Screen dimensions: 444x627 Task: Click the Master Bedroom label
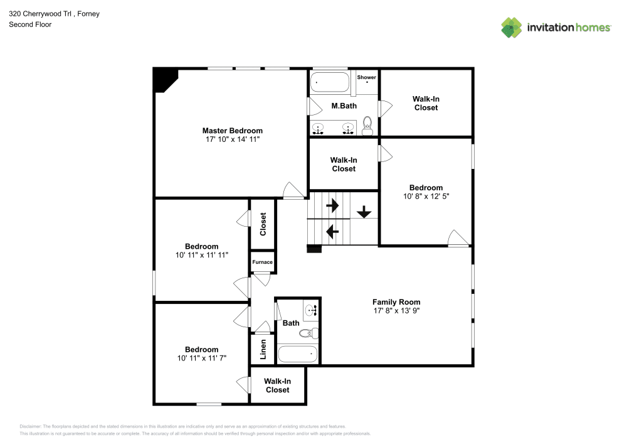(x=232, y=131)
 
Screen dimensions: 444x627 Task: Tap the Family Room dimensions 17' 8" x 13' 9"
(x=396, y=310)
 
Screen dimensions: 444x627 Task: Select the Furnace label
(x=262, y=262)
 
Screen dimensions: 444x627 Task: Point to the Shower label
(x=366, y=77)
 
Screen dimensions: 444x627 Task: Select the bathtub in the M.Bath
(x=330, y=82)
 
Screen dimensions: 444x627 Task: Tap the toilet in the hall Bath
(x=308, y=333)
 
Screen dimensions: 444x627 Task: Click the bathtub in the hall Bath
(x=298, y=354)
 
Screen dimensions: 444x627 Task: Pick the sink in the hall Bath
(x=311, y=310)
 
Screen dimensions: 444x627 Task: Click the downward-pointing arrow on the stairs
(x=364, y=212)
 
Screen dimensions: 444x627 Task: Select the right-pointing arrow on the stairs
(x=332, y=205)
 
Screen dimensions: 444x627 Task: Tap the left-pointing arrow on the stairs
(x=332, y=232)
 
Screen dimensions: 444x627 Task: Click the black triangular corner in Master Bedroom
(x=164, y=79)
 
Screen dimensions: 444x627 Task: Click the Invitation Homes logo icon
(x=512, y=27)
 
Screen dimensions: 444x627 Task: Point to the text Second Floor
(x=30, y=24)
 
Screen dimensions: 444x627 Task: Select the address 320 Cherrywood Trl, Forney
(x=54, y=13)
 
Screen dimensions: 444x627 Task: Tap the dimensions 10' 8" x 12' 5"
(x=426, y=196)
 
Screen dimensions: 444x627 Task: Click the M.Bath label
(x=344, y=106)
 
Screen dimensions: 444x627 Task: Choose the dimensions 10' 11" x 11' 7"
(x=201, y=358)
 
